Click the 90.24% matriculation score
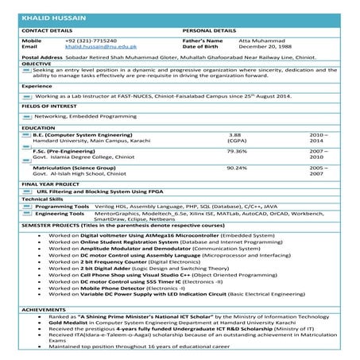(x=237, y=168)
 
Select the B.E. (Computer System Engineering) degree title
(x=83, y=136)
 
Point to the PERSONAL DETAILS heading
(x=209, y=29)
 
